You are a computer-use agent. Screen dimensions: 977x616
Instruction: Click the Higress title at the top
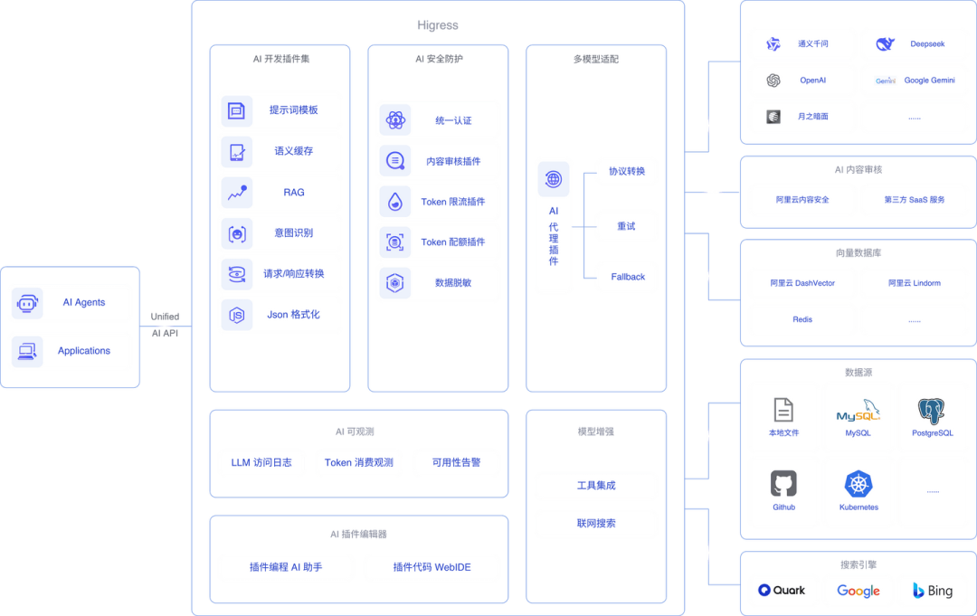coord(438,25)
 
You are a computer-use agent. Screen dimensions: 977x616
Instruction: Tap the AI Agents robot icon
coord(27,303)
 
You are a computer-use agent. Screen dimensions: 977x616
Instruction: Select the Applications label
coord(84,351)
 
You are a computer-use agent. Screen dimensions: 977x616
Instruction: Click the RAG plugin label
coord(293,193)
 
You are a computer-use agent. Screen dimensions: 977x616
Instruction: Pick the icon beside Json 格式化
coord(237,315)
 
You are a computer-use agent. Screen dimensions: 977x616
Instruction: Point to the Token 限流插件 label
coord(453,202)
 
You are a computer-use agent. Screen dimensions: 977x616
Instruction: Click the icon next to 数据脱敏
coord(395,283)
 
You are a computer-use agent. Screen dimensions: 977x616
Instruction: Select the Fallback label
coord(628,277)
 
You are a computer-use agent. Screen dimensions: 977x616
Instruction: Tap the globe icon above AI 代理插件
coord(554,179)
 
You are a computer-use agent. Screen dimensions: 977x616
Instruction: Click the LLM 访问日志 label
coord(261,462)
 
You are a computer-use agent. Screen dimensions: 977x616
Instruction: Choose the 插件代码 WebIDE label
coord(432,567)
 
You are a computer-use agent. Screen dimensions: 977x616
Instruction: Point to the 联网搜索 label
coord(596,523)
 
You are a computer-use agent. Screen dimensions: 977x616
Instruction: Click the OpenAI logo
coord(773,81)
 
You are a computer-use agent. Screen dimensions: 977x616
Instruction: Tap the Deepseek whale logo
coord(885,43)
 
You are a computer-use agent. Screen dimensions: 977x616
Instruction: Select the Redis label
coord(802,319)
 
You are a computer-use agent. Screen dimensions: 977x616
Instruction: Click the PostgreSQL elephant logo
coord(932,411)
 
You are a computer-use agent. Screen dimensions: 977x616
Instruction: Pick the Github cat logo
coord(783,484)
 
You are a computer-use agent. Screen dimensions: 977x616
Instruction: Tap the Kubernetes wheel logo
coord(858,484)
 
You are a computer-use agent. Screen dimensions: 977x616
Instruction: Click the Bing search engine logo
coord(933,591)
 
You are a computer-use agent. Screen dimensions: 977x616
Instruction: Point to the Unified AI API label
coord(166,325)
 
